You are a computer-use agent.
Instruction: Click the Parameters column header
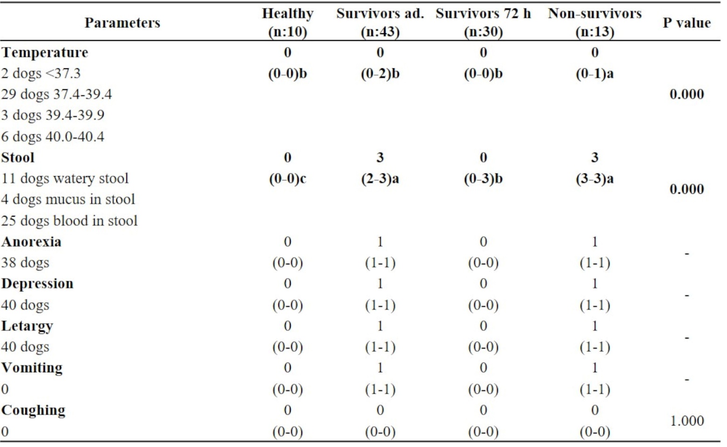coord(122,22)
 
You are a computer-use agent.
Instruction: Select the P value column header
coord(686,22)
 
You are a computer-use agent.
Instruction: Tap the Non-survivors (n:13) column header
coord(594,22)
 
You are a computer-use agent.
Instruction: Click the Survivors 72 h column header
coord(483,22)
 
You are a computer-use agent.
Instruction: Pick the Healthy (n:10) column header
coord(287,22)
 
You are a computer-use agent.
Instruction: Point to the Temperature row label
coord(45,52)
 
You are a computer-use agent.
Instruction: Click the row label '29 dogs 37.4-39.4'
coord(56,94)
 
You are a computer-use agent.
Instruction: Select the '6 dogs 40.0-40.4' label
coord(53,136)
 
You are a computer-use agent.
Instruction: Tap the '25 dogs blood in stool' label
coord(69,220)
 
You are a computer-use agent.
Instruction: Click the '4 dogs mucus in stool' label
coord(68,199)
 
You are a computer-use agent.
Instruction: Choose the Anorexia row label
coord(31,241)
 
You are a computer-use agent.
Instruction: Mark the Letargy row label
coord(27,326)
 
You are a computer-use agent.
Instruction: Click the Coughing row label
coord(33,410)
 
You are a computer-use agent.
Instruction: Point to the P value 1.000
coord(687,421)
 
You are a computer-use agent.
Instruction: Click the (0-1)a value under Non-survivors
coord(594,74)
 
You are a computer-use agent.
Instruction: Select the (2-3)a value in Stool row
coord(380,179)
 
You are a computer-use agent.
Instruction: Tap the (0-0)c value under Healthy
coord(287,179)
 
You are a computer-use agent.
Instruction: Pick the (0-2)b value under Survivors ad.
coord(380,74)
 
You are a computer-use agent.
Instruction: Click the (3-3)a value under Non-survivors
coord(594,179)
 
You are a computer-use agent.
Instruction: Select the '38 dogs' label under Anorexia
coord(25,263)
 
